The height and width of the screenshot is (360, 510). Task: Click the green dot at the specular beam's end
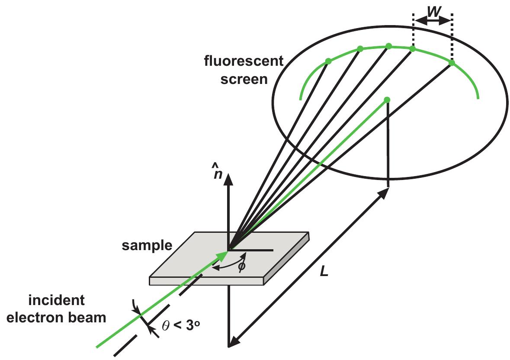tap(387, 100)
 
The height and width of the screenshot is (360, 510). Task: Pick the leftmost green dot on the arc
tap(328, 61)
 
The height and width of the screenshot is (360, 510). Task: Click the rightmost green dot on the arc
tap(452, 63)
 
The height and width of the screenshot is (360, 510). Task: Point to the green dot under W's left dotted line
tap(413, 49)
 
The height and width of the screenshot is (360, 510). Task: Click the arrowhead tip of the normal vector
tap(228, 174)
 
